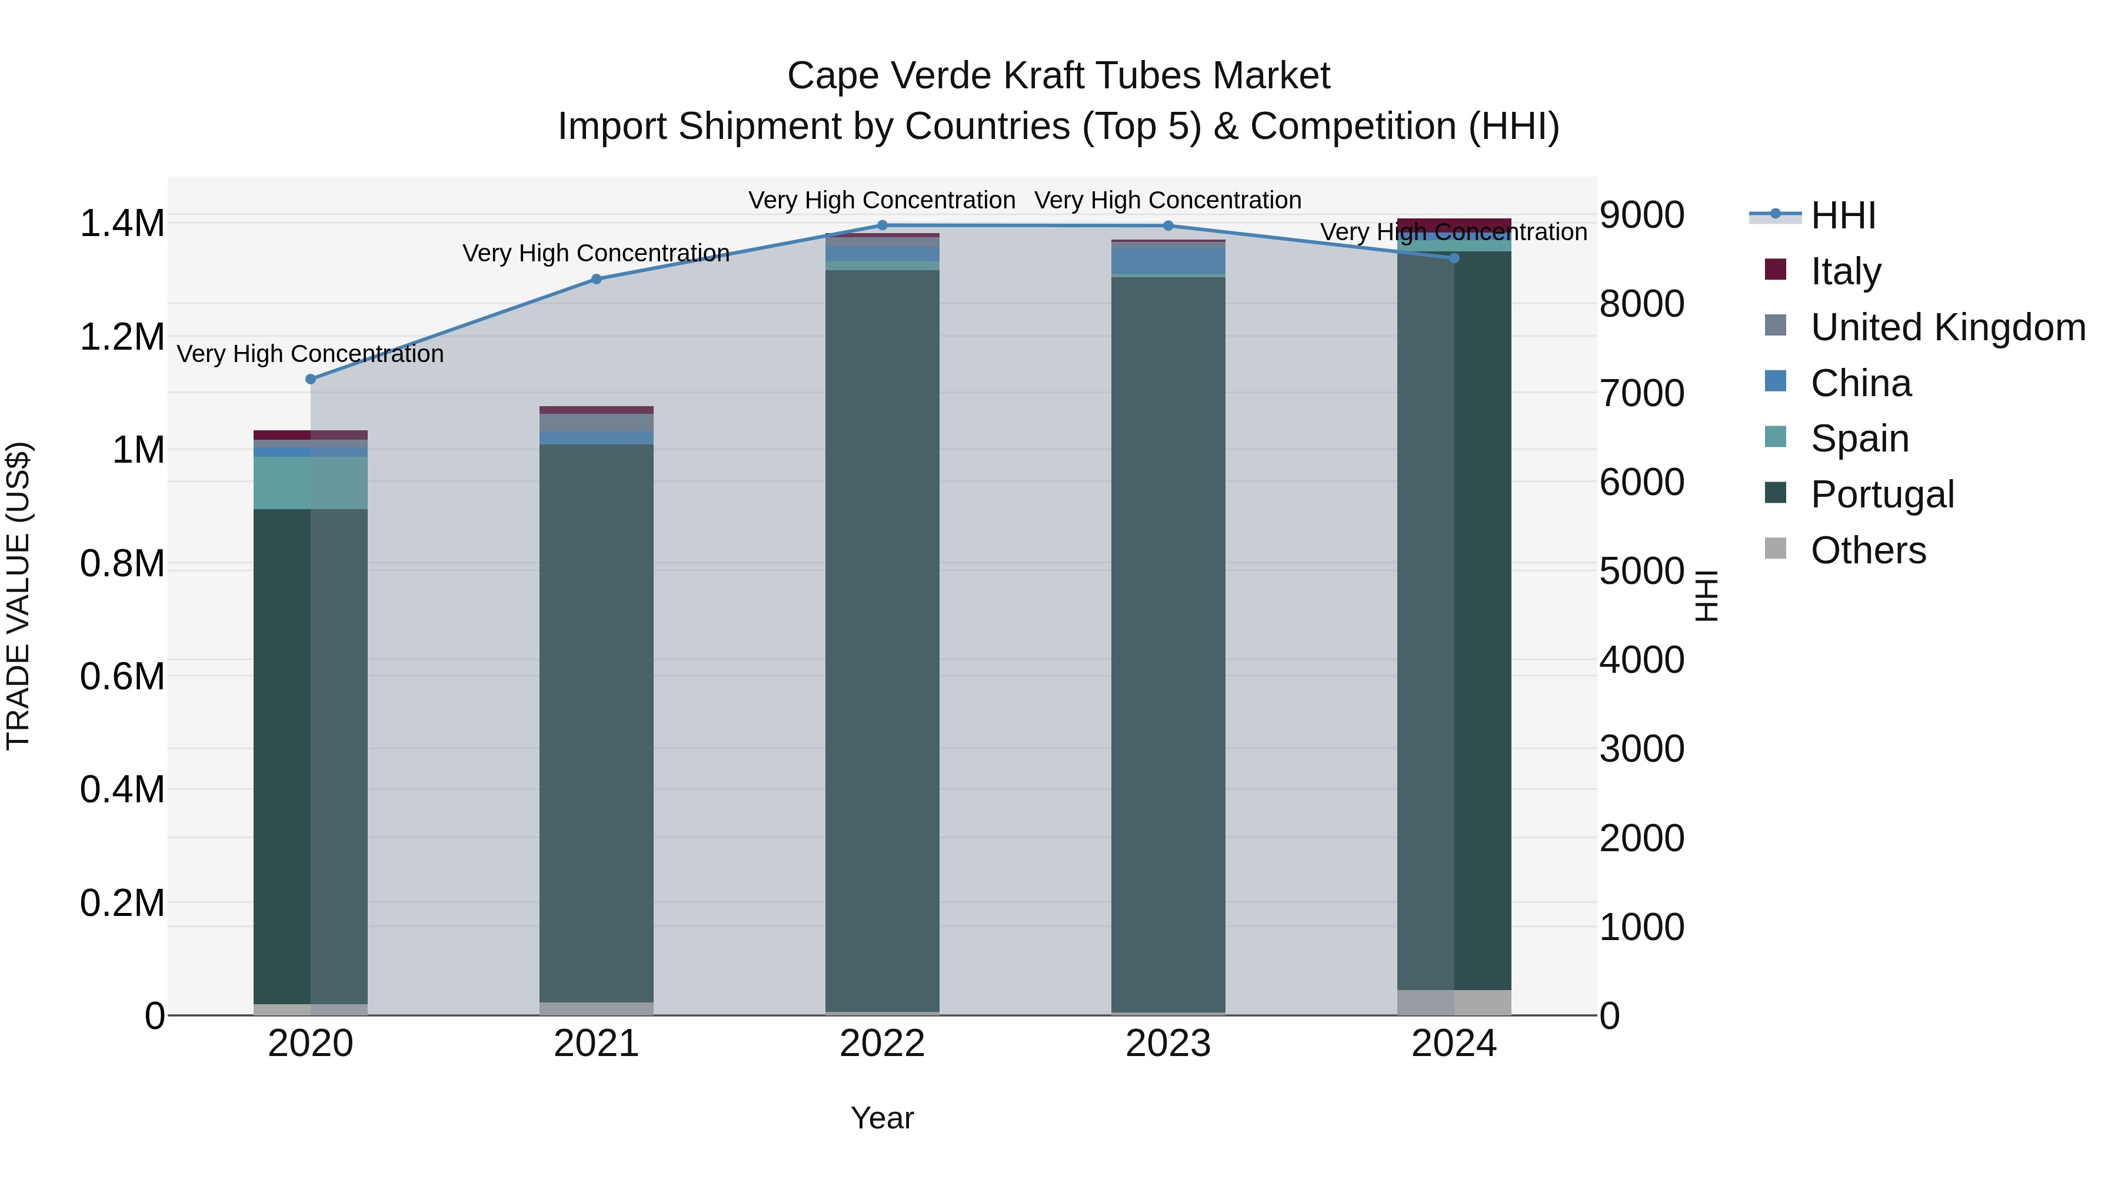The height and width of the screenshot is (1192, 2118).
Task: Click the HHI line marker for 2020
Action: (311, 379)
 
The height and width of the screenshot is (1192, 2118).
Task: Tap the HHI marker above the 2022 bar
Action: (883, 225)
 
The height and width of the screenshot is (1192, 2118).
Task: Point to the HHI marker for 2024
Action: (1454, 258)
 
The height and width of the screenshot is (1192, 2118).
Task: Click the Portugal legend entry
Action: (1881, 494)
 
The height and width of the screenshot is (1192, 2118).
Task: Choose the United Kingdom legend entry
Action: (1947, 327)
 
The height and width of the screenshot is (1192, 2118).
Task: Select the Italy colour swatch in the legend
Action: (1775, 270)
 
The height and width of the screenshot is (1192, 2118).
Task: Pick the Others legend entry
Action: (1867, 550)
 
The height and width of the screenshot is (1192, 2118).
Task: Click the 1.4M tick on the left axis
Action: (122, 224)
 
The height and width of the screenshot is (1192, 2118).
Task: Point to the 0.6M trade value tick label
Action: (122, 677)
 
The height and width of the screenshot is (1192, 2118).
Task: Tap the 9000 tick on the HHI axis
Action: (1641, 215)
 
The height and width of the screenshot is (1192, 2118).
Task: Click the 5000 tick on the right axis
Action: (1641, 571)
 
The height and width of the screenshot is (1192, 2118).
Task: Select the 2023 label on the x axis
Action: (1167, 1044)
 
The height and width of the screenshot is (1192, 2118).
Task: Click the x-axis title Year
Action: (883, 1118)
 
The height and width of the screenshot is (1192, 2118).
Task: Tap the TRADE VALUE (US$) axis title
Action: (18, 596)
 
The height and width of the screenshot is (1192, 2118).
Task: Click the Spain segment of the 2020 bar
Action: (311, 483)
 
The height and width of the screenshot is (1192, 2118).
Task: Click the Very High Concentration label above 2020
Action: (310, 354)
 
